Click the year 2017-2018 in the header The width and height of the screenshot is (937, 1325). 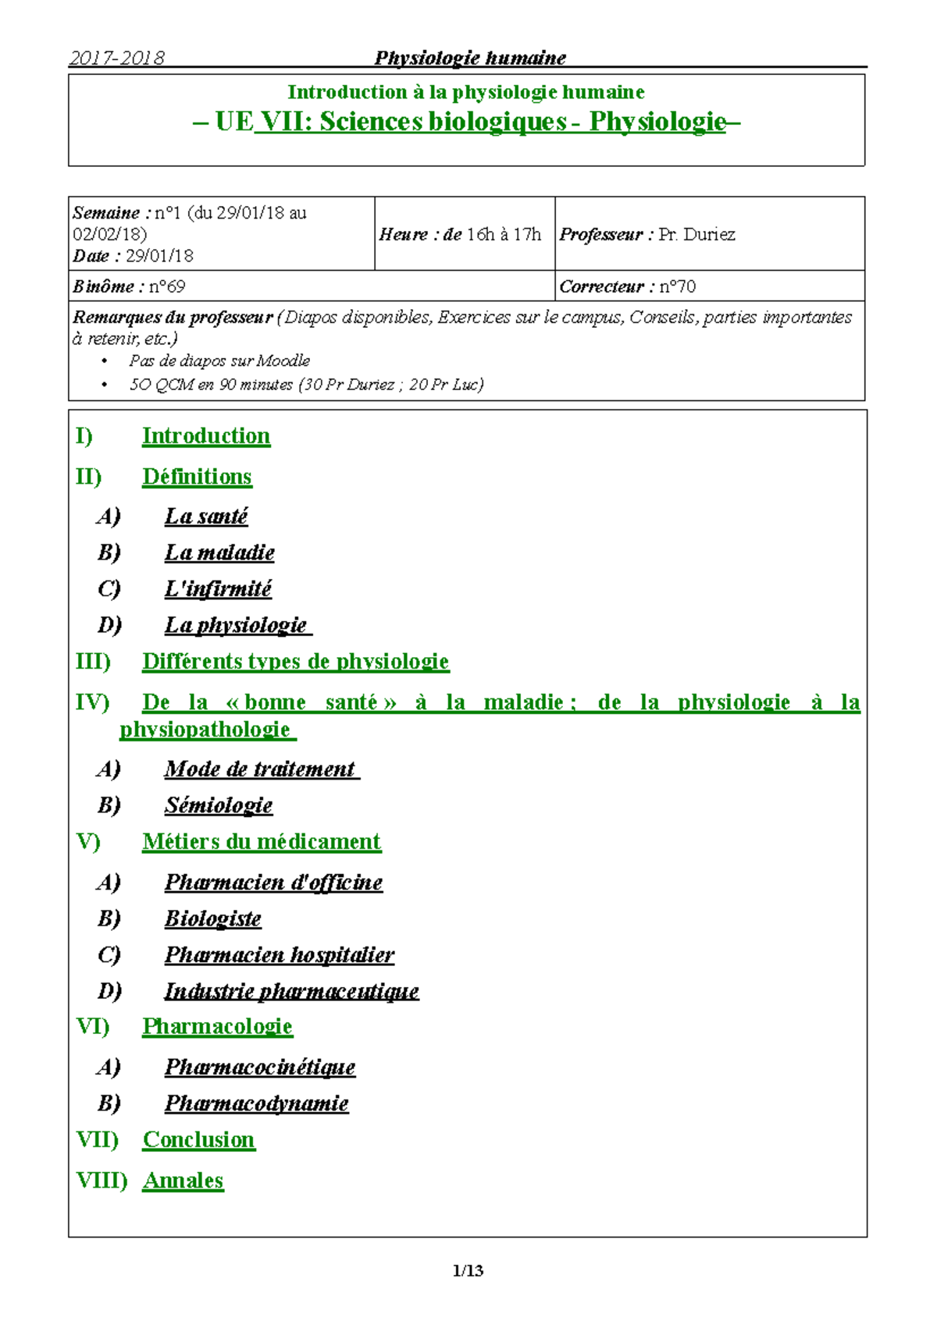pos(116,58)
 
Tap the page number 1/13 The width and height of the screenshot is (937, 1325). pos(468,1270)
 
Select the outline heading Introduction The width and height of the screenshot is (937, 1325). pos(206,436)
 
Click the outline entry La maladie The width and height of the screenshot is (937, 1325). pos(219,552)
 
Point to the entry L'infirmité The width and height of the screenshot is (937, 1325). pos(218,588)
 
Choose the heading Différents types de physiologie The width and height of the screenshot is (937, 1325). pos(295,662)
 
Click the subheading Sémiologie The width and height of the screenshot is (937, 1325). pos(219,805)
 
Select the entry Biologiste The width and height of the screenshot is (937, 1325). pos(212,918)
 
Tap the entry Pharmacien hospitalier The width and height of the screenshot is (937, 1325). pos(279,955)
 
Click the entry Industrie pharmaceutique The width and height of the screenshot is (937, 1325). pos(291,991)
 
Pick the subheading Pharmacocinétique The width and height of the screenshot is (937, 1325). pos(260,1067)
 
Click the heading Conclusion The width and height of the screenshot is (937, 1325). pos(198,1140)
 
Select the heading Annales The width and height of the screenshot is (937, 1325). pos(183,1181)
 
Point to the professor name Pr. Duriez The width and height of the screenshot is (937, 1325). pos(697,235)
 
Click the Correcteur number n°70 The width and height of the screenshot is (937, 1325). pos(677,286)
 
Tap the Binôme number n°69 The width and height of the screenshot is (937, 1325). pos(166,286)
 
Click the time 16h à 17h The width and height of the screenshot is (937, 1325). pos(504,235)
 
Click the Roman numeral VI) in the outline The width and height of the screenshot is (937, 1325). pos(93,1026)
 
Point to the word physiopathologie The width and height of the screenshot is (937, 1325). pos(205,730)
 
